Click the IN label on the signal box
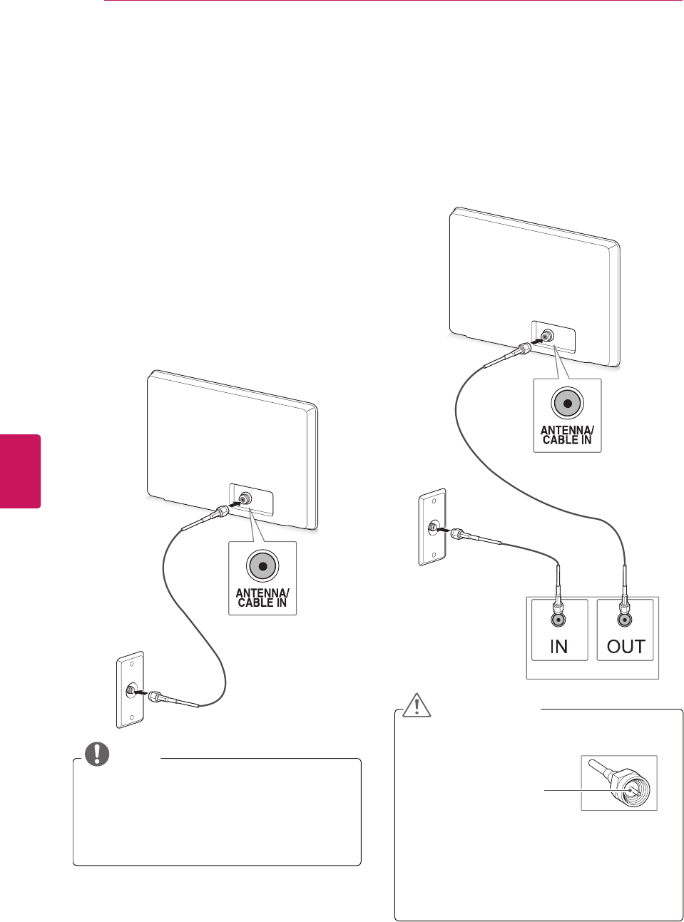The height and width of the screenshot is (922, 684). pos(558,647)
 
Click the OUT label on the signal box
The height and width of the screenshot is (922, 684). pos(626,647)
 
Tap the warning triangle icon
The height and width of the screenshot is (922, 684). pos(417,704)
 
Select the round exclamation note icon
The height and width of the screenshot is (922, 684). pos(97,754)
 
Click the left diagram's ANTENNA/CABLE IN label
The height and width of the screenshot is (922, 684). pos(262,598)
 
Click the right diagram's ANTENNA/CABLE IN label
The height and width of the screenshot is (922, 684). pos(567,435)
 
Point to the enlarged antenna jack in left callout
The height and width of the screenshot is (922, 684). pos(262,566)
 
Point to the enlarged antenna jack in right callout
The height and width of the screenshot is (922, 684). pos(567,404)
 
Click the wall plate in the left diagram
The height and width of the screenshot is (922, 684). pos(131,690)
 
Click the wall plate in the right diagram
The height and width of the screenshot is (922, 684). pos(432,528)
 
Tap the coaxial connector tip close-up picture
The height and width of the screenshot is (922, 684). pos(619,783)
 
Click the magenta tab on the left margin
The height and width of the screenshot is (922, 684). pos(20,471)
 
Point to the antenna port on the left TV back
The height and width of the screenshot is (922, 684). pos(245,498)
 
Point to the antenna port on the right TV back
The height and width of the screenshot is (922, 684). pos(547,336)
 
